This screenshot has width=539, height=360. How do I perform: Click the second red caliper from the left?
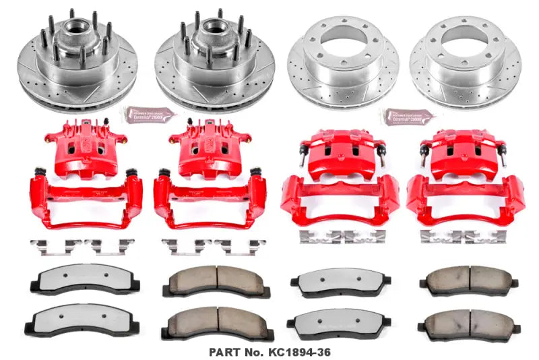pyautogui.click(x=201, y=148)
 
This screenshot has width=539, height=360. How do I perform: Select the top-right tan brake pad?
pyautogui.click(x=465, y=279)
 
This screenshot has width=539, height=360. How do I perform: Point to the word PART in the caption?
pyautogui.click(x=224, y=351)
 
